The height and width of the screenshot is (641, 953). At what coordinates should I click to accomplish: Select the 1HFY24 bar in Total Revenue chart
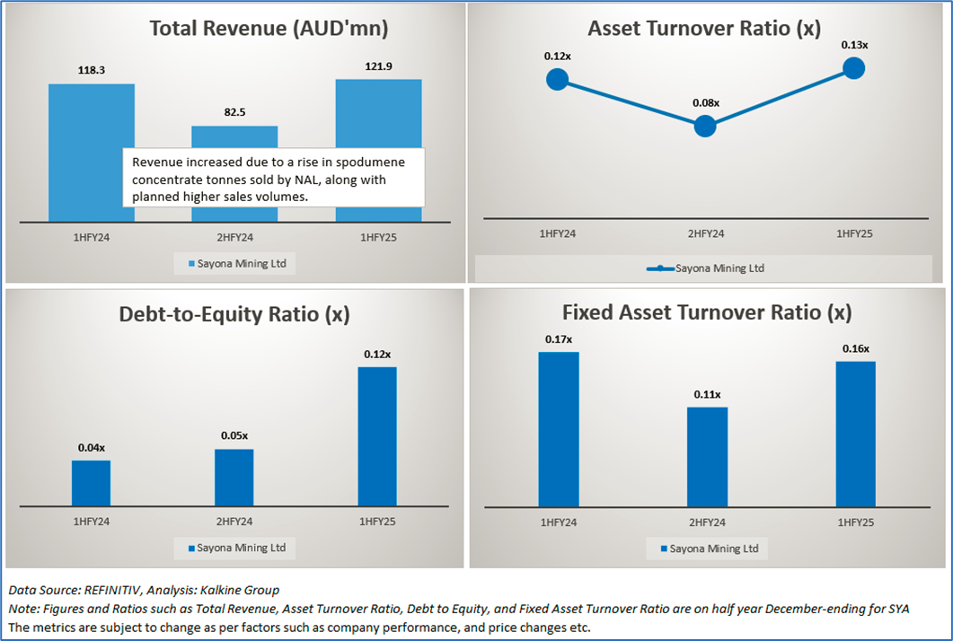[92, 153]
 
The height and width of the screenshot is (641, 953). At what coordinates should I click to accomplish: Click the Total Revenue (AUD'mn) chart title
[269, 29]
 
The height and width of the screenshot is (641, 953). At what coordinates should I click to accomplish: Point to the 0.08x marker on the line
[705, 126]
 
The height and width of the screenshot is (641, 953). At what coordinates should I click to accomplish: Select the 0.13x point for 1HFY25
[853, 67]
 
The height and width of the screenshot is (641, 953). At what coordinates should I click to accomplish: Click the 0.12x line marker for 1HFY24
[557, 79]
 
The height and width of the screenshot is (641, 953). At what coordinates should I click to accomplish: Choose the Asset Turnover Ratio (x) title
[704, 29]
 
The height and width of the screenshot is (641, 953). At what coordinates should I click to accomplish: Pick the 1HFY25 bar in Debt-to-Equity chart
[377, 435]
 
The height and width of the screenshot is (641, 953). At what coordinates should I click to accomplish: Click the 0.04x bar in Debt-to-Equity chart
[91, 483]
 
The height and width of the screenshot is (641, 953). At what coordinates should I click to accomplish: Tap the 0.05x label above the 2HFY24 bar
[234, 435]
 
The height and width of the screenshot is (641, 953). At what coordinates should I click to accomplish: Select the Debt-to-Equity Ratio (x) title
[234, 314]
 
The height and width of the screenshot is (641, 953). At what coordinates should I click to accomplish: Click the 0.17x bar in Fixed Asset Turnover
[559, 429]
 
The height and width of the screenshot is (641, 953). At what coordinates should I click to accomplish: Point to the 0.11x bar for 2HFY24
[707, 456]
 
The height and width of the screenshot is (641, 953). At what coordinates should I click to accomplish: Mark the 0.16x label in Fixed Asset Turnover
[855, 348]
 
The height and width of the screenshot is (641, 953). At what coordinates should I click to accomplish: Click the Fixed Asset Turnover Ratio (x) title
[707, 312]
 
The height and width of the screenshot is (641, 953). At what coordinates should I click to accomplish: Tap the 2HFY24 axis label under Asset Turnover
[705, 233]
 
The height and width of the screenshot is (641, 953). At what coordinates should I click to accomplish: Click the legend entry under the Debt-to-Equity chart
[235, 548]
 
